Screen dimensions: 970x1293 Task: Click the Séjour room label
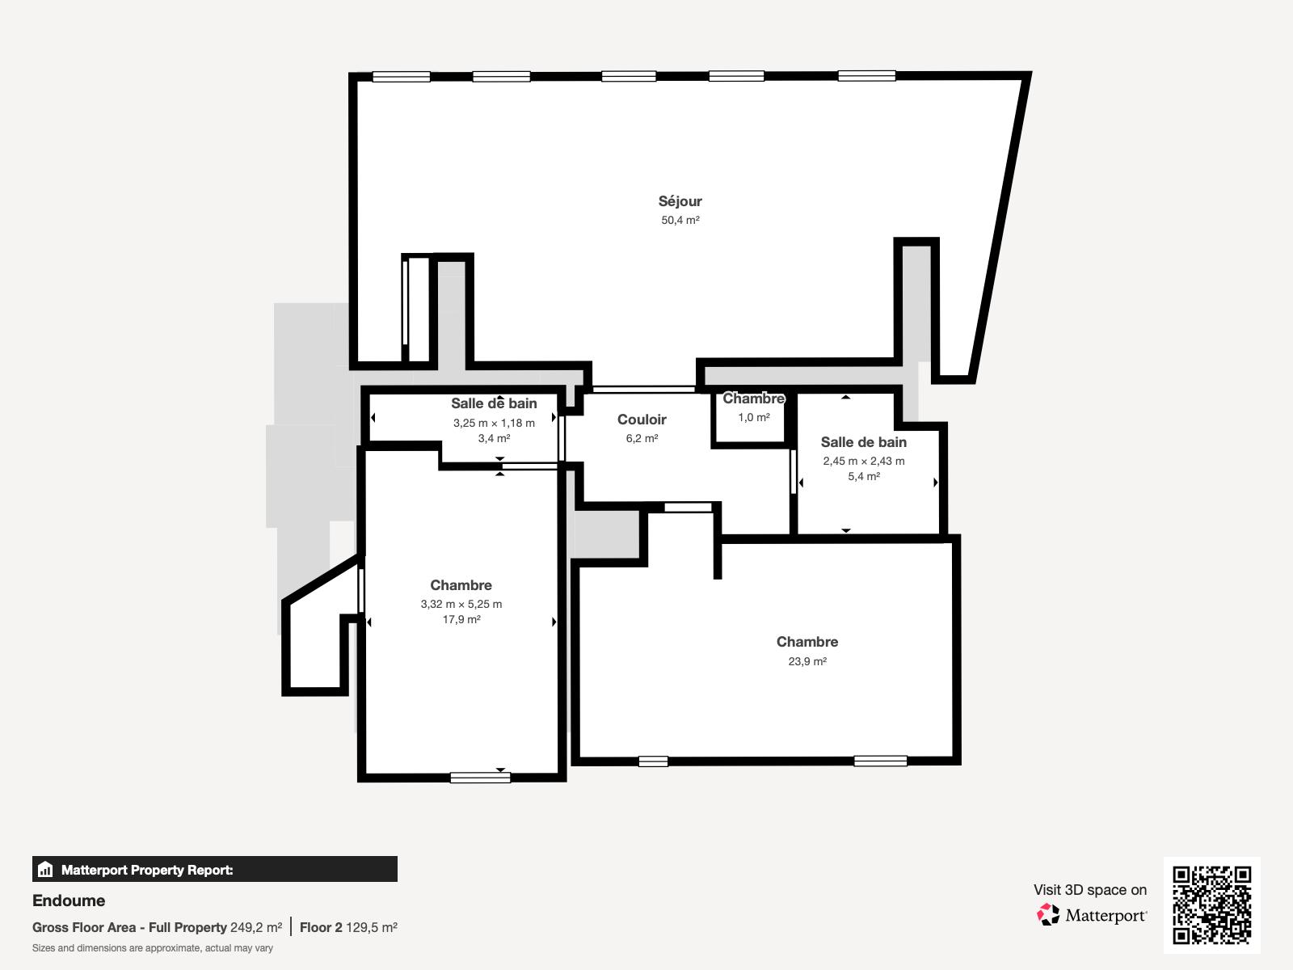click(x=680, y=201)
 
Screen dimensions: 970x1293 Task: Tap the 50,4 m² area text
click(x=680, y=220)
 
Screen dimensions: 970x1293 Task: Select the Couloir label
click(x=642, y=420)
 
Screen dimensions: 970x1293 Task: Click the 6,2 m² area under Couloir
click(x=642, y=438)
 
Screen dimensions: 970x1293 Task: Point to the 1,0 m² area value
click(x=753, y=417)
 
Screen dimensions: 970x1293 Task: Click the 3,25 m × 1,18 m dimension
click(x=494, y=423)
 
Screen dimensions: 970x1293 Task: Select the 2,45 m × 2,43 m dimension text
click(x=864, y=461)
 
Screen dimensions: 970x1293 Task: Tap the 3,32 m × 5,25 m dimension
click(x=461, y=604)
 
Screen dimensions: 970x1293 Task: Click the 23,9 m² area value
click(x=807, y=661)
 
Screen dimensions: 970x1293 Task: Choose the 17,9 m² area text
click(x=461, y=619)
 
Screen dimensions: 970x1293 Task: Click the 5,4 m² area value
click(x=864, y=476)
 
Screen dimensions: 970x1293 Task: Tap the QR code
click(x=1211, y=905)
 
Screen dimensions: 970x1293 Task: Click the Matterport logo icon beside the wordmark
click(x=1048, y=915)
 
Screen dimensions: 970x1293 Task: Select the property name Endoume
click(x=69, y=900)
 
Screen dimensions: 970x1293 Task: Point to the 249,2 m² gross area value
click(x=256, y=927)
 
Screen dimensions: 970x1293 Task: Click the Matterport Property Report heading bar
click(x=214, y=870)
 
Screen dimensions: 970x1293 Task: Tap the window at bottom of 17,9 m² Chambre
click(x=480, y=778)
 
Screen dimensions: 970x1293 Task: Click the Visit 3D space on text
click(x=1089, y=890)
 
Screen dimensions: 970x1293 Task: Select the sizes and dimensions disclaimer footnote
click(x=153, y=948)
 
